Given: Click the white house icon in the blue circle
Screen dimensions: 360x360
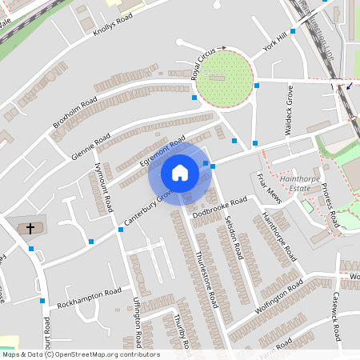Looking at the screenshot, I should click(179, 173).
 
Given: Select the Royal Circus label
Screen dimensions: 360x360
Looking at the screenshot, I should click(205, 64).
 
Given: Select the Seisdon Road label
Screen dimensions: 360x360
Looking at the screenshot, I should click(234, 237).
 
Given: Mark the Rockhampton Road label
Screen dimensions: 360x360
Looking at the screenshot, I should click(89, 298).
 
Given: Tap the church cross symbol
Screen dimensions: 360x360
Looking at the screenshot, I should click(31, 229).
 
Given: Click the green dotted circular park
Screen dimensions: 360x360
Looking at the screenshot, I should click(225, 78).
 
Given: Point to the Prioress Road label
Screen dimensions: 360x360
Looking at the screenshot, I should click(330, 204).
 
